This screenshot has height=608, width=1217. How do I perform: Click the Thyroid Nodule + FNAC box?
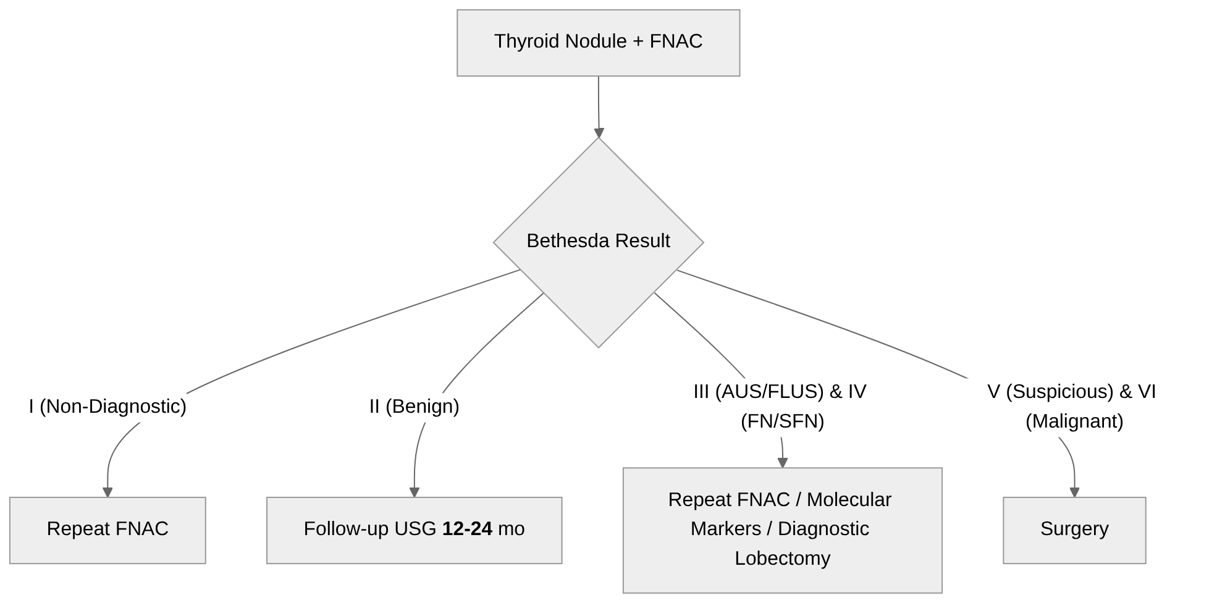pos(598,43)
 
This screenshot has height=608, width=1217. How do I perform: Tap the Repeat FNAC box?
pos(107,530)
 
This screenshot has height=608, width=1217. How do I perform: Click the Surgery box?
pos(1074,530)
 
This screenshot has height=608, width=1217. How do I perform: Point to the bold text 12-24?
pos(467,529)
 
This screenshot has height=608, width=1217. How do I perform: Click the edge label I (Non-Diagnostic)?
pos(107,406)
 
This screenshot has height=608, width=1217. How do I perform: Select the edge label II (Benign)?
pos(414,406)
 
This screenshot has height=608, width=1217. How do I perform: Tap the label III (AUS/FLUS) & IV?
pos(780,391)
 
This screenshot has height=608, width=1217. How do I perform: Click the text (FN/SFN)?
pos(782,421)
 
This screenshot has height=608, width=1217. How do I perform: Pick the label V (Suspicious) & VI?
pos(1071,391)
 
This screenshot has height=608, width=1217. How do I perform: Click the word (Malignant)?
pos(1074,421)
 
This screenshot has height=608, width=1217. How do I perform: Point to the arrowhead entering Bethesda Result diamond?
pos(599,133)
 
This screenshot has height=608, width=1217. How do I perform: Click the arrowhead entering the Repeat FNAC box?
pos(107,492)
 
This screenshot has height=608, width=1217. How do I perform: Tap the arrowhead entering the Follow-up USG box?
pos(415,492)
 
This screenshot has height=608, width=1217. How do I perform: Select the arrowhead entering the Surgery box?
pos(1074,492)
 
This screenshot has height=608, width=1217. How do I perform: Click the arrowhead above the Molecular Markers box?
pos(783,463)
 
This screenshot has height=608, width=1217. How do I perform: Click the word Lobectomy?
pos(782,558)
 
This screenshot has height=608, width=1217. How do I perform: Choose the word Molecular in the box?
pos(849,499)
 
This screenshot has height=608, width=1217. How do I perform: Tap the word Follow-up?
pos(339,529)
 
